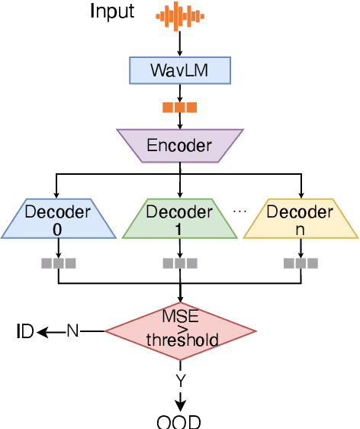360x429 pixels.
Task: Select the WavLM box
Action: tap(180, 72)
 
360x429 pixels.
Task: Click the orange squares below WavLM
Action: tap(180, 108)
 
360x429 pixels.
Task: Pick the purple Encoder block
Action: tap(180, 145)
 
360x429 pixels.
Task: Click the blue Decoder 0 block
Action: tap(58, 218)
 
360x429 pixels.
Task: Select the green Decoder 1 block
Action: tap(180, 218)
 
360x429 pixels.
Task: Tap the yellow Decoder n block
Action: tap(301, 218)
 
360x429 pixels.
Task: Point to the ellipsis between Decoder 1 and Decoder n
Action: tap(239, 211)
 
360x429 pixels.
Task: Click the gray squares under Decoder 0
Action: tap(58, 263)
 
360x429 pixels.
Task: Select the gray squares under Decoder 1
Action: tap(180, 263)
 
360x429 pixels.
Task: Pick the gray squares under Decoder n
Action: tap(301, 263)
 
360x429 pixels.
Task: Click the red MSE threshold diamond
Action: tap(180, 331)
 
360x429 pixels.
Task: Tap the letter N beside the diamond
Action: tap(72, 331)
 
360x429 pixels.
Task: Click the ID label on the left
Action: tap(25, 331)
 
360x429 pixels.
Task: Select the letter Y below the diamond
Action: tap(180, 379)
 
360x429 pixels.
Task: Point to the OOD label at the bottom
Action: tap(180, 422)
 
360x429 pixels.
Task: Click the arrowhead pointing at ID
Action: tap(42, 331)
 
